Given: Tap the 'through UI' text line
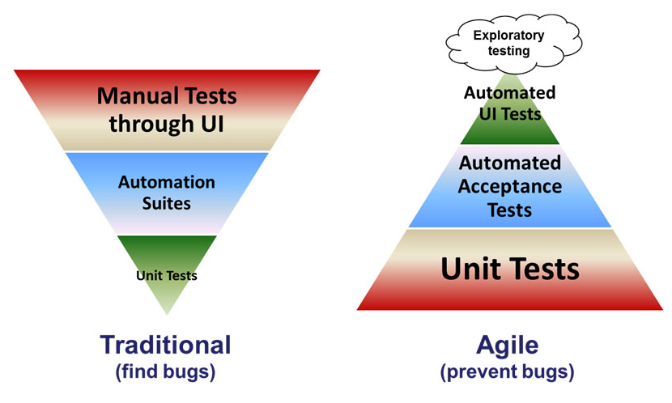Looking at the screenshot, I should pos(167,125).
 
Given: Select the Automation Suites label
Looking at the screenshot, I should pos(167,192).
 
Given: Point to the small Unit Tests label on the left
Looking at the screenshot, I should pos(167,275).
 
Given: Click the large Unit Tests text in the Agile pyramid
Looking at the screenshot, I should pos(510,268).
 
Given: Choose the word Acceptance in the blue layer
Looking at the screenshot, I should pos(510,187).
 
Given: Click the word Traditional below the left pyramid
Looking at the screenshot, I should pos(165,344).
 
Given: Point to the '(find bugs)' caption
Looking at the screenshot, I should pos(165,372).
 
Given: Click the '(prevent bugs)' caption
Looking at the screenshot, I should pos(508,373).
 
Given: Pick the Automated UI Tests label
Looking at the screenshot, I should pos(509,104).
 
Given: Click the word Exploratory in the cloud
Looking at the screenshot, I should pos(508,35).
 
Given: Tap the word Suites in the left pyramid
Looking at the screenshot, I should pos(167,202).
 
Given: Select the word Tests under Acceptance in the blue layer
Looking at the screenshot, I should pos(510,210).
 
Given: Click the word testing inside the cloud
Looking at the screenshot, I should pos(508,51).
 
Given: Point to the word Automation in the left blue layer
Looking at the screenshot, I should pos(167,181).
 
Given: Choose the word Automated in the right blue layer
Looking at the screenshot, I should pos(510,163).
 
